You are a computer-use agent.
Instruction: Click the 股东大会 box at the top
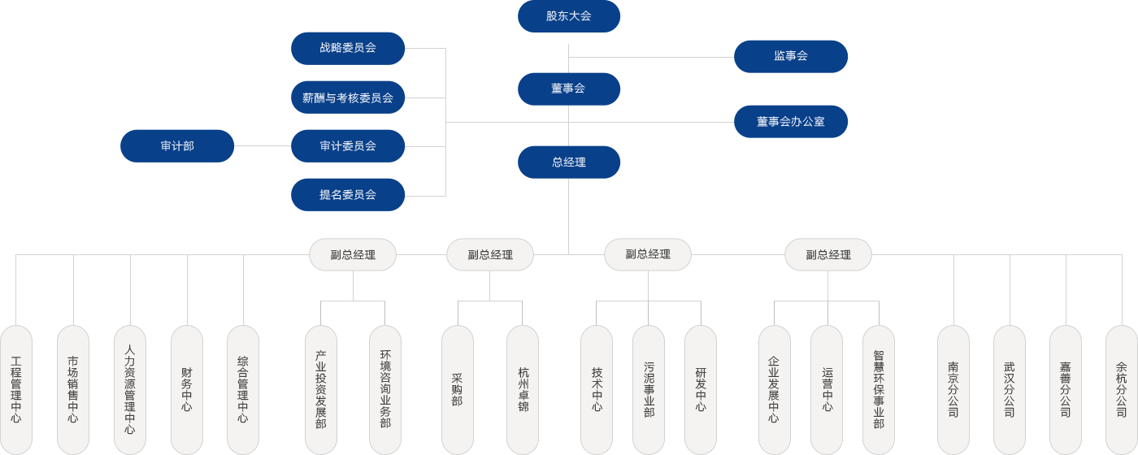coord(569,16)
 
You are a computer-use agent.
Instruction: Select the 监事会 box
coord(791,56)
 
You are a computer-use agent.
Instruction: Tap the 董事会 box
coord(569,89)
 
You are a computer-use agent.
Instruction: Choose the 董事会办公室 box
coord(791,121)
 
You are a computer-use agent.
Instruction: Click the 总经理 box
coord(569,162)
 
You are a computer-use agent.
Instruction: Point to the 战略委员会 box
coord(348,48)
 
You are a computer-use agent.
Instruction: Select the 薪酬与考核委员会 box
coord(348,97)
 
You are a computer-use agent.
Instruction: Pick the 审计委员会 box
coord(348,146)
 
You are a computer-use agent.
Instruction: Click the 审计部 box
coord(177,146)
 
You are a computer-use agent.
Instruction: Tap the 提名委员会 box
coord(348,195)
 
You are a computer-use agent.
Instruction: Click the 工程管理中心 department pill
coord(16,389)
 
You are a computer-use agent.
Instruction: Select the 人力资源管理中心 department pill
coord(130,389)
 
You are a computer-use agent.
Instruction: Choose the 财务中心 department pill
coord(187,389)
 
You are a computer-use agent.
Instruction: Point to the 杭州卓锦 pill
coord(523,389)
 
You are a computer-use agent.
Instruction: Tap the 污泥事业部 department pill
coord(649,389)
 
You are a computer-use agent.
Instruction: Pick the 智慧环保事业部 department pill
coord(879,389)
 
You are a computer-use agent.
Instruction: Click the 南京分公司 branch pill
coord(953,389)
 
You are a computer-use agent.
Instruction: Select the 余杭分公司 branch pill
coord(1122,389)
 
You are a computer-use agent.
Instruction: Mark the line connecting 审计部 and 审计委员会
coord(263,146)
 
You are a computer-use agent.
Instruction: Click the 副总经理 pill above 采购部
coord(490,255)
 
